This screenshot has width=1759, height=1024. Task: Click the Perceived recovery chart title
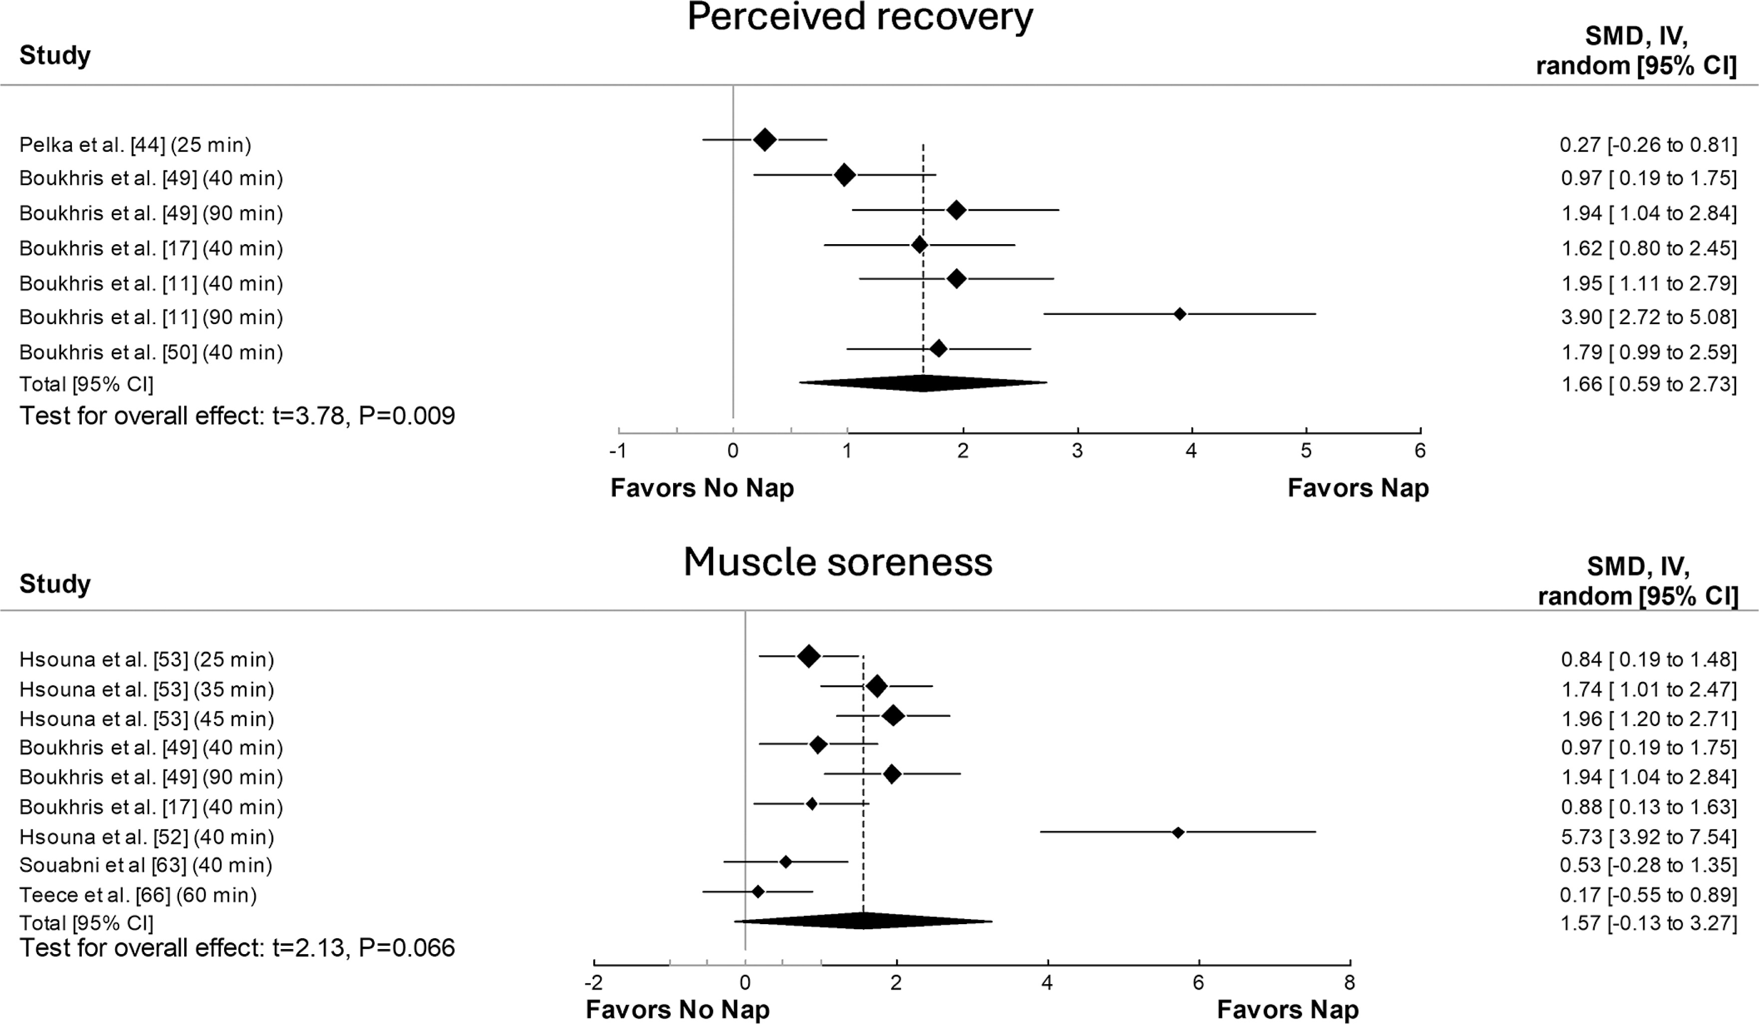click(859, 17)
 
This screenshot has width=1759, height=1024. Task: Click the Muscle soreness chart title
click(838, 562)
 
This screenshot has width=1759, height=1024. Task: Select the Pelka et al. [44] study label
click(135, 145)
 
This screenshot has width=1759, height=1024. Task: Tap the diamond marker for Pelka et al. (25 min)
click(765, 140)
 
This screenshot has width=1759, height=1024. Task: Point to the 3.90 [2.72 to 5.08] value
click(1649, 317)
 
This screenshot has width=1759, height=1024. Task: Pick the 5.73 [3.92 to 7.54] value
click(1649, 837)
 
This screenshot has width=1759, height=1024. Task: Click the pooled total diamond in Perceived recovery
click(923, 383)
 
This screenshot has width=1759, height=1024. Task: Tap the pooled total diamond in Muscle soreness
click(863, 921)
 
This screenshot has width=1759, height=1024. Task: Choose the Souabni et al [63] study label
click(145, 865)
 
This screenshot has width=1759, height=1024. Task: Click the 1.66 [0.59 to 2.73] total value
click(1649, 384)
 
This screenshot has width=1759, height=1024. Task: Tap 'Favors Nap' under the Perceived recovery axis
click(1358, 488)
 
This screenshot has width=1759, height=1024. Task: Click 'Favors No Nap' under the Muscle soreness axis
click(677, 1010)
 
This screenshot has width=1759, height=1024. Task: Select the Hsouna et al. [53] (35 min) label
click(147, 689)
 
